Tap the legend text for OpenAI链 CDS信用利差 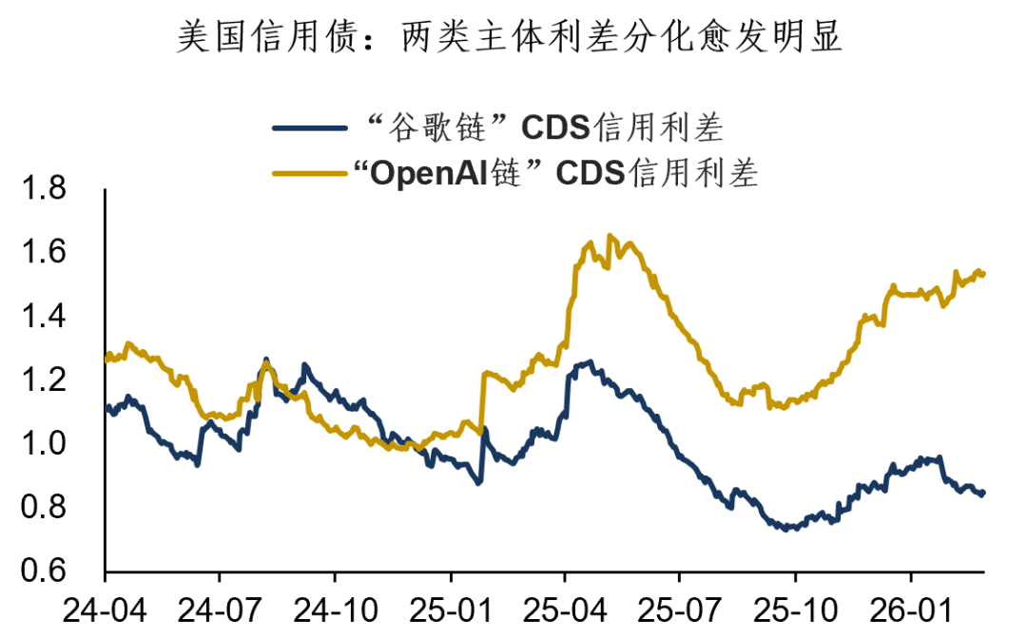(555, 173)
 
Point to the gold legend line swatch (310, 174)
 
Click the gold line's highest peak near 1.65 (610, 236)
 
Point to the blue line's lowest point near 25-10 (785, 528)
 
